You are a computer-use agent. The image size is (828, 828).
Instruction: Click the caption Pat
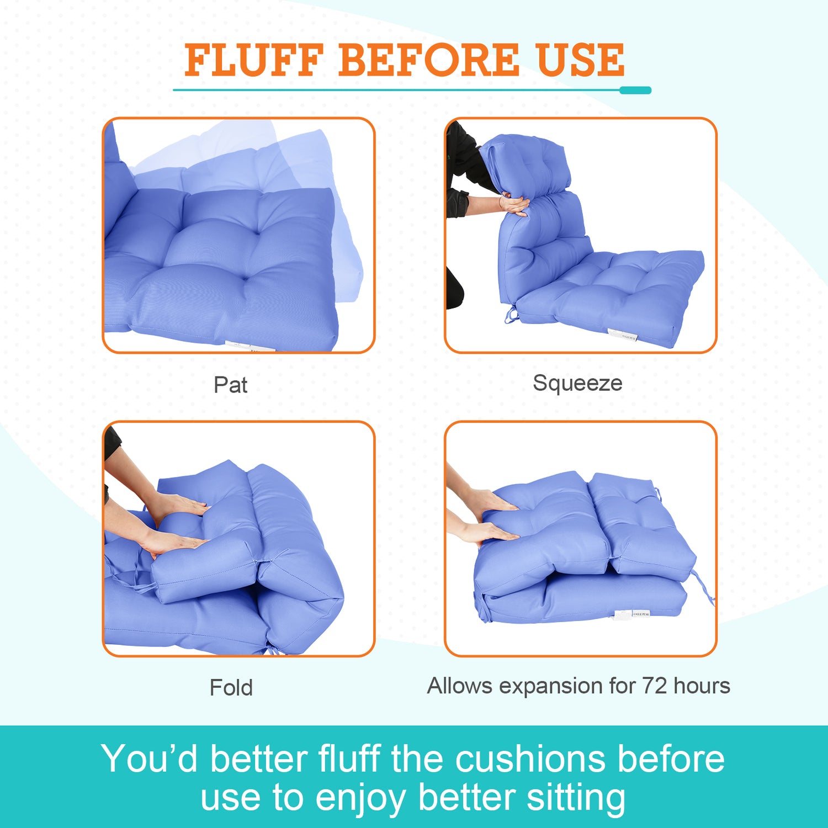click(231, 385)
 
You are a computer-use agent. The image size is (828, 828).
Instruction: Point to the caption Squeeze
click(577, 384)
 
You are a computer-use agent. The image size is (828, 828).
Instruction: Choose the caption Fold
click(231, 687)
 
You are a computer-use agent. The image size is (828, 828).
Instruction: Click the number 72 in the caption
click(655, 686)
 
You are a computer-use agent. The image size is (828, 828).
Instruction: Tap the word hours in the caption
click(702, 686)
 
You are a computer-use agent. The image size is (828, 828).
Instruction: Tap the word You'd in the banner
click(150, 758)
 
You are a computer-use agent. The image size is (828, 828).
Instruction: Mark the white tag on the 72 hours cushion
click(633, 614)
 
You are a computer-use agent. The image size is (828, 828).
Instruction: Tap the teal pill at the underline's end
click(635, 90)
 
